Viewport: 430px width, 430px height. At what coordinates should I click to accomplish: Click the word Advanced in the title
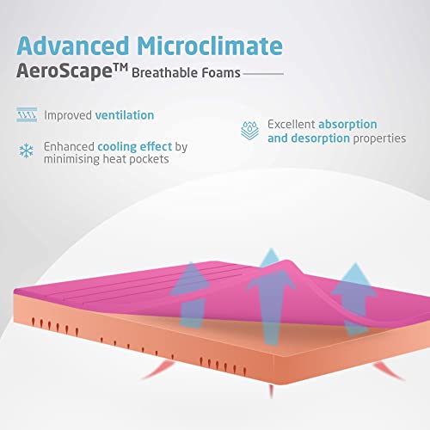[x=73, y=46]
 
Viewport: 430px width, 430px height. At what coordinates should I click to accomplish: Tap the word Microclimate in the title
[x=210, y=46]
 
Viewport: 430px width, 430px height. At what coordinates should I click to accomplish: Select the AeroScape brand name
[x=64, y=71]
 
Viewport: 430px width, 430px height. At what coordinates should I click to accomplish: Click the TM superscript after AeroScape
[x=120, y=68]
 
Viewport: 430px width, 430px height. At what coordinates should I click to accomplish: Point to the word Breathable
[x=164, y=73]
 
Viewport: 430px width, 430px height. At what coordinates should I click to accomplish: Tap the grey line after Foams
[x=263, y=74]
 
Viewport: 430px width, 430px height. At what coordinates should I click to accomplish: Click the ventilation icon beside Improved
[x=27, y=115]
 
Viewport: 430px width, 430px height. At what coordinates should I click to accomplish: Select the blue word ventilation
[x=125, y=115]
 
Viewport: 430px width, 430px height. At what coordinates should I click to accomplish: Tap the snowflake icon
[x=26, y=150]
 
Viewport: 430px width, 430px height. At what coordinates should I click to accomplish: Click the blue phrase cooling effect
[x=135, y=146]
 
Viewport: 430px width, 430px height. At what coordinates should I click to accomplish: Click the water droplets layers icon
[x=249, y=131]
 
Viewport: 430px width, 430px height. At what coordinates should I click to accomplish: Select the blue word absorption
[x=347, y=125]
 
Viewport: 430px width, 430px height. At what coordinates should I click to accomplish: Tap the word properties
[x=379, y=138]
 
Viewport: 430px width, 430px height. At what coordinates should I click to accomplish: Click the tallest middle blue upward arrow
[x=271, y=298]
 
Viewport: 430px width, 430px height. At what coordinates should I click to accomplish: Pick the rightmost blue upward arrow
[x=355, y=299]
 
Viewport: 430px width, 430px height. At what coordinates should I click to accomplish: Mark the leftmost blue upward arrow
[x=192, y=295]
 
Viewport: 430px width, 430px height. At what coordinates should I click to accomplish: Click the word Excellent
[x=292, y=125]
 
